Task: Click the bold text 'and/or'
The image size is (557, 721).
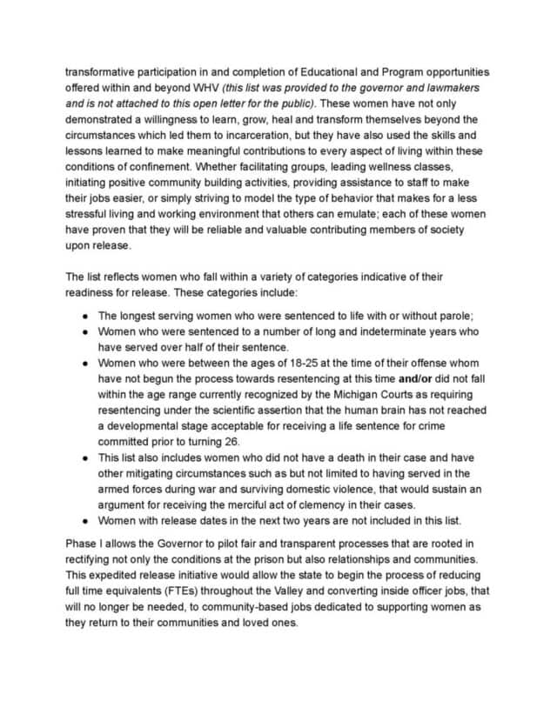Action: pos(417,378)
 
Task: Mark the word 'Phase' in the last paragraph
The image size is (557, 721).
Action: pos(83,544)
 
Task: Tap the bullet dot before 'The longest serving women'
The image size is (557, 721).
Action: pos(84,316)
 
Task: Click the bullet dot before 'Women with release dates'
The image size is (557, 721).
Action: pos(84,521)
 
